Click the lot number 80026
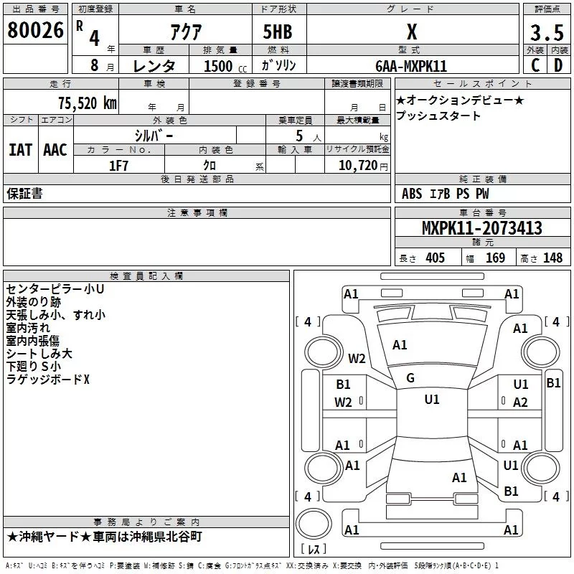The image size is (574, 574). click(36, 31)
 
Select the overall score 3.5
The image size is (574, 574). click(545, 33)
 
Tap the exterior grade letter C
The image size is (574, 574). click(534, 65)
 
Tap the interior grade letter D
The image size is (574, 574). click(558, 65)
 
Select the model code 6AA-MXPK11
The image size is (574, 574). click(410, 66)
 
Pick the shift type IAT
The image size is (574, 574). click(20, 149)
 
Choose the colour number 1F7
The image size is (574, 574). click(118, 166)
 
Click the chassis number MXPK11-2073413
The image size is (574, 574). click(481, 229)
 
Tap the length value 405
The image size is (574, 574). click(434, 258)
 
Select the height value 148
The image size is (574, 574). click(552, 258)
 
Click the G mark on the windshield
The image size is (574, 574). click(410, 378)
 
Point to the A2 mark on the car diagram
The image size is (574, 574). click(521, 403)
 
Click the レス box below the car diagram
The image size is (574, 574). click(314, 550)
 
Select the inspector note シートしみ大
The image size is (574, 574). click(39, 353)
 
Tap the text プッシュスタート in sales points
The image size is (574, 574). click(438, 116)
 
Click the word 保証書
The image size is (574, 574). click(24, 194)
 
